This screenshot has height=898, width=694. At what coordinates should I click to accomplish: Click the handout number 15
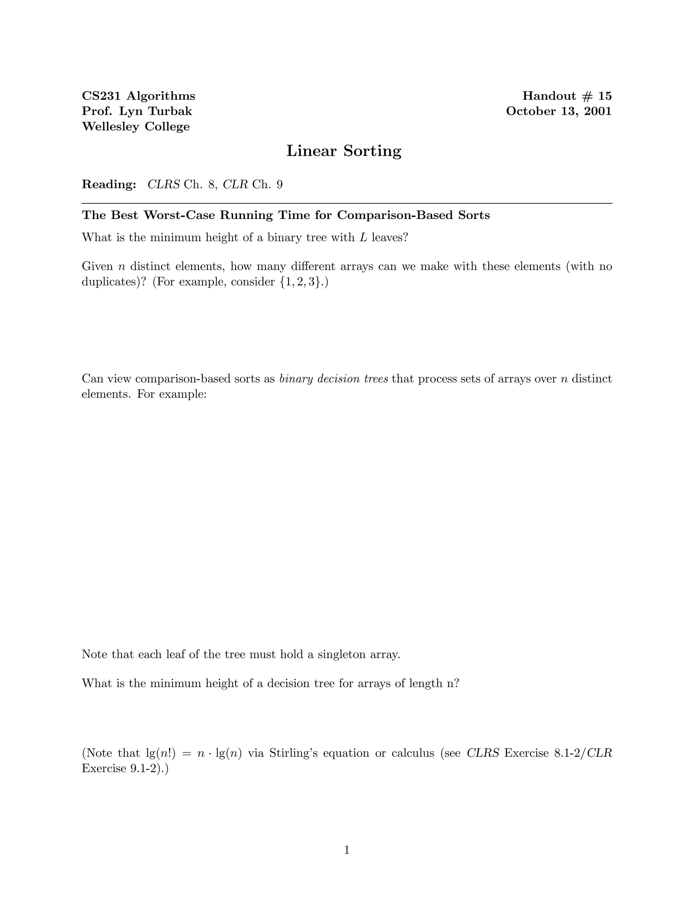point(605,96)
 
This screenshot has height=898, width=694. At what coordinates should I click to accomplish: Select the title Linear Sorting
point(344,151)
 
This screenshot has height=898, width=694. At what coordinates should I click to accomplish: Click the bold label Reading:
point(109,185)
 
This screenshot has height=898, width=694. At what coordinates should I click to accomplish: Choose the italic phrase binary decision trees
point(333,379)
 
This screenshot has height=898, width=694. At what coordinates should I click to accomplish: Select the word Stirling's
point(293,753)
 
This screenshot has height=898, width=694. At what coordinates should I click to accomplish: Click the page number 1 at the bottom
point(347,850)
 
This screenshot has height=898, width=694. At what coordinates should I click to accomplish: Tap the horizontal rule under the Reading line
point(347,203)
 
